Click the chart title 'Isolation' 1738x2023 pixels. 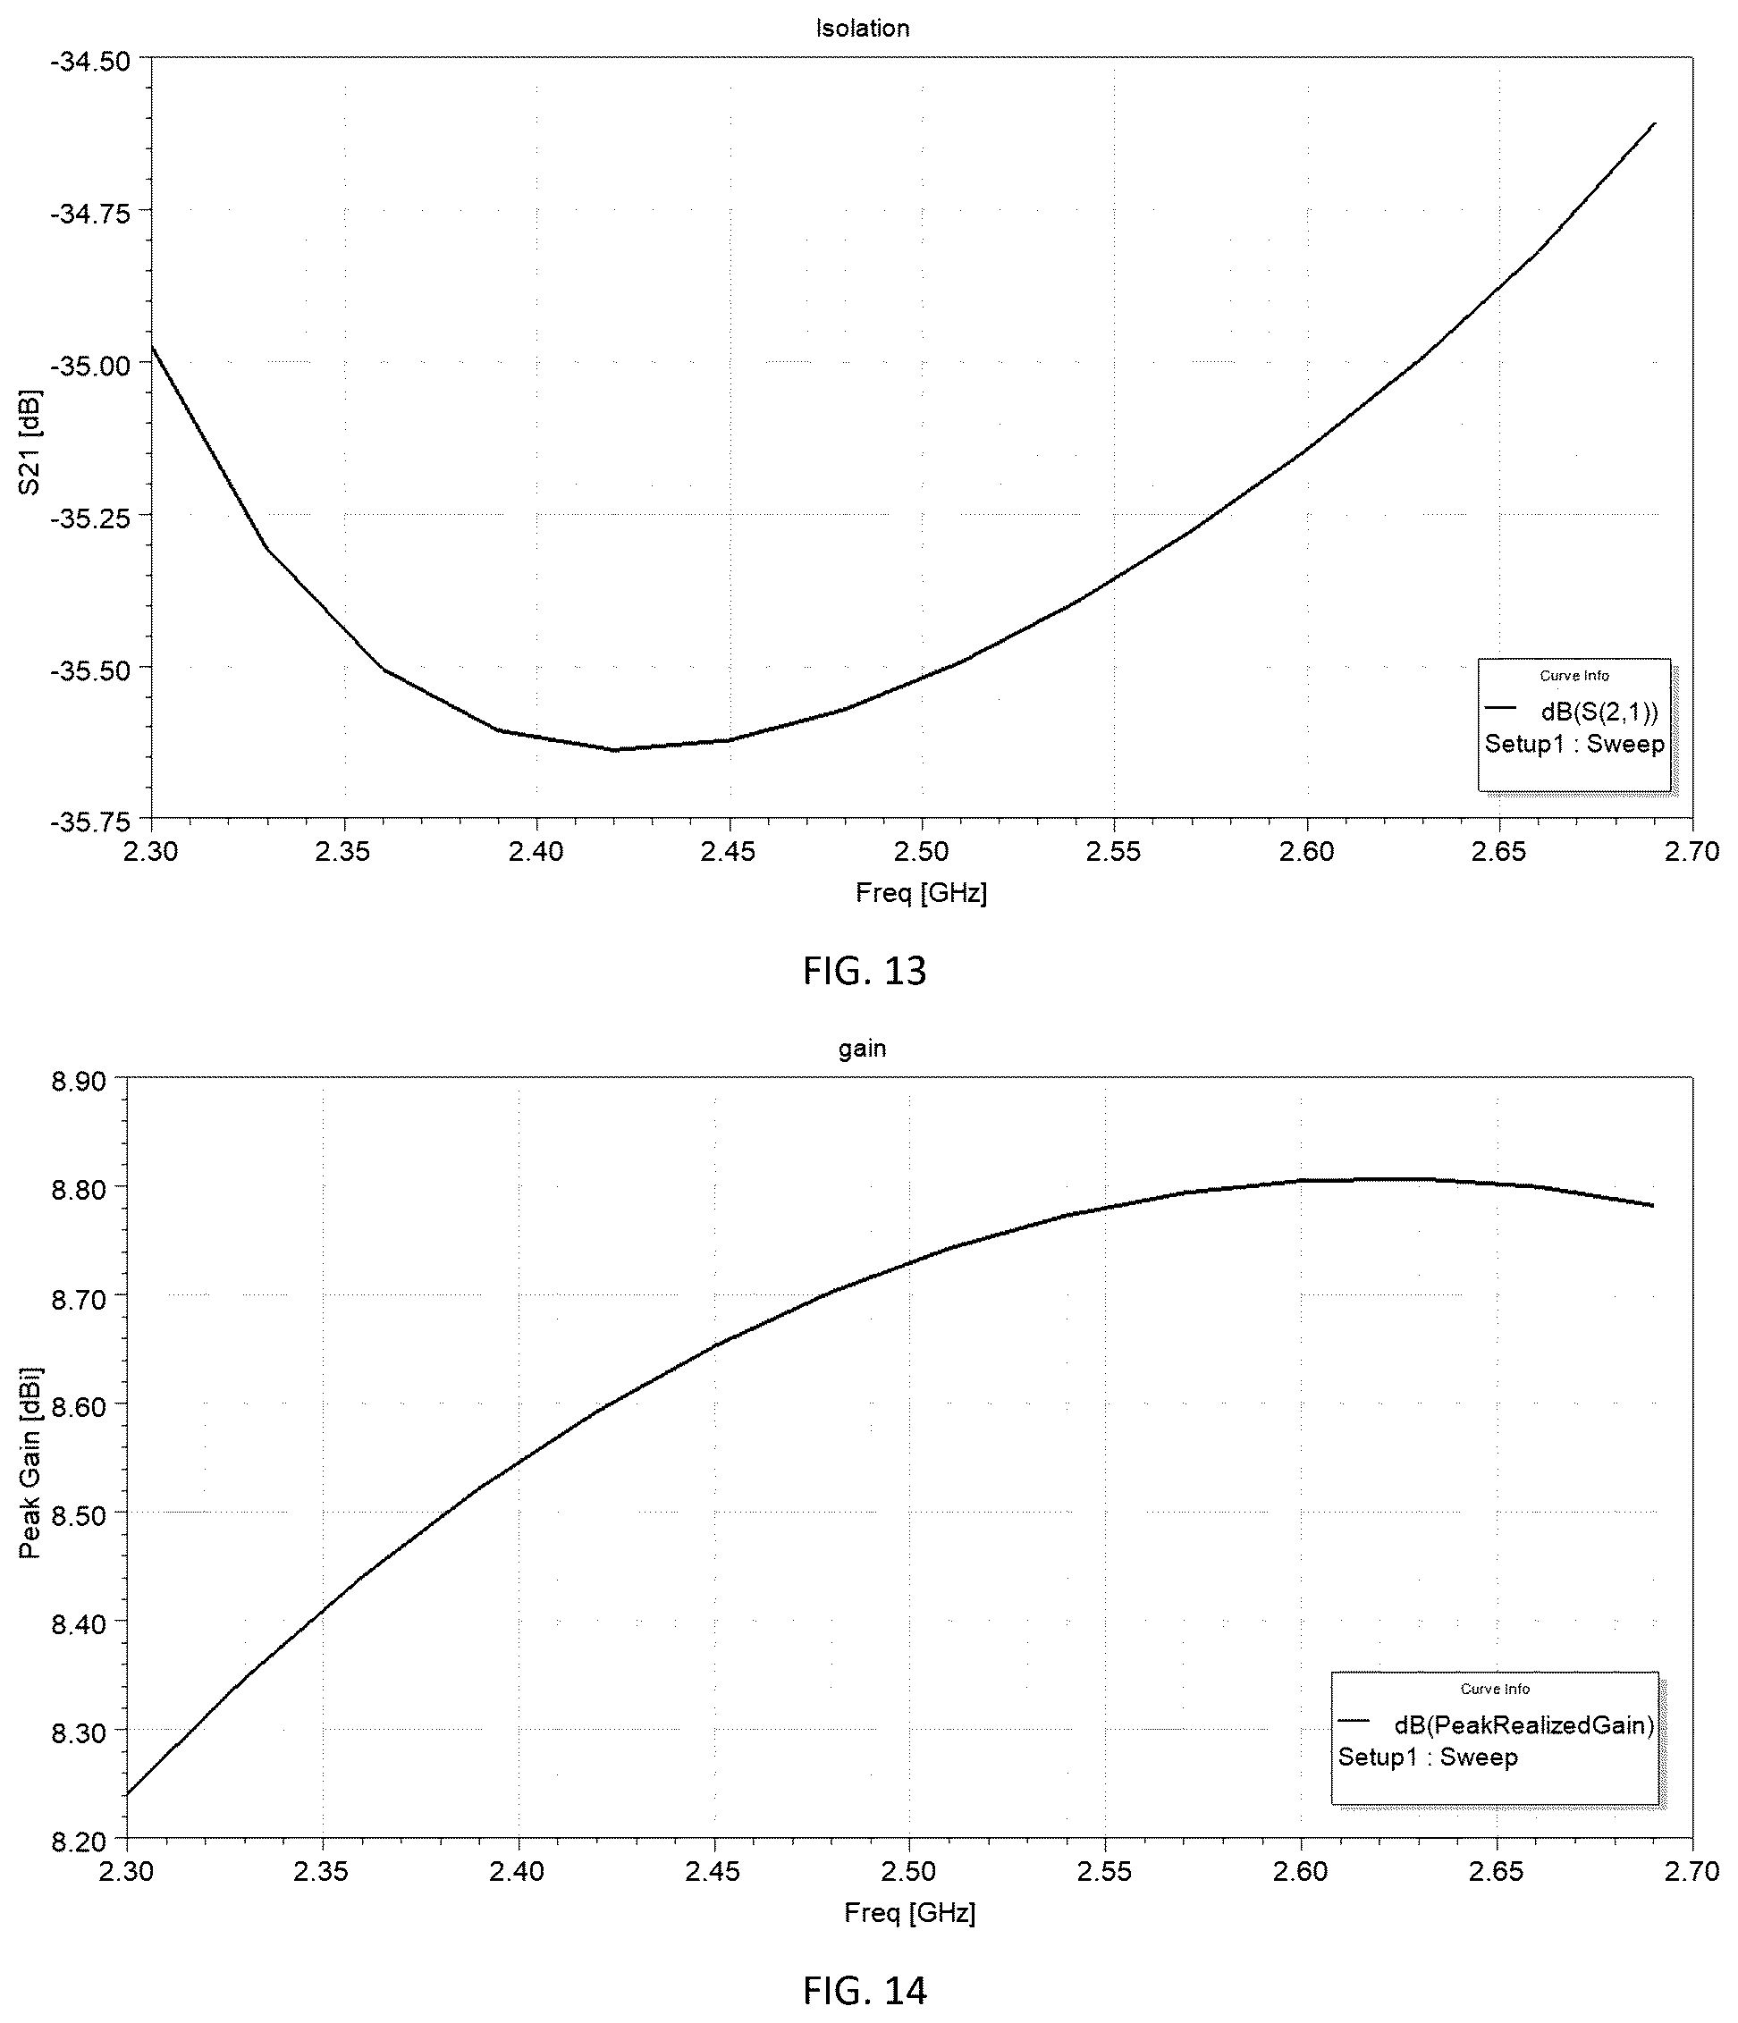[x=862, y=29]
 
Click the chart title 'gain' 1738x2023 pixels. [x=862, y=1049]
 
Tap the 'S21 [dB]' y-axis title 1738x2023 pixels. [x=30, y=443]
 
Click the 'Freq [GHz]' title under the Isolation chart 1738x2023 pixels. [x=921, y=892]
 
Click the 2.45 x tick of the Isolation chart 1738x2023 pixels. [x=729, y=851]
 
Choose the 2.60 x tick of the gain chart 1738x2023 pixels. [x=1301, y=1871]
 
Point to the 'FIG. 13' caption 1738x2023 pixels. [x=865, y=971]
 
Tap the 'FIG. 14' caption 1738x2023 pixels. [x=865, y=1990]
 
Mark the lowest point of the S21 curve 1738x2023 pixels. [x=615, y=750]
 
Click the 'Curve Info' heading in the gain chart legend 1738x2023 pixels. [x=1495, y=1689]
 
